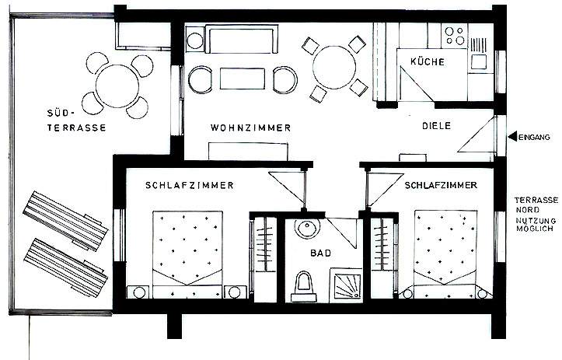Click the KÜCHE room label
[x=428, y=61]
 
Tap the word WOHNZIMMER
[x=250, y=128]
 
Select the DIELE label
[x=436, y=126]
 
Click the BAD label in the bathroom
[x=321, y=253]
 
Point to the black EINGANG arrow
[x=513, y=136]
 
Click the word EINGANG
[x=534, y=137]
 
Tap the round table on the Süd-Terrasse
[x=117, y=86]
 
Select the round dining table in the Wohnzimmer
[x=334, y=68]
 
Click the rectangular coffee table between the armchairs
[x=243, y=79]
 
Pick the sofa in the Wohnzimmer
[x=243, y=39]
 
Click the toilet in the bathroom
[x=304, y=287]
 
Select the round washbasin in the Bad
[x=307, y=228]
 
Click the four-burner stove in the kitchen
[x=455, y=36]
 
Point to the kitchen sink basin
[x=479, y=61]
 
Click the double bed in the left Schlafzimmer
[x=187, y=254]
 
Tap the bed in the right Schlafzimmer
[x=445, y=254]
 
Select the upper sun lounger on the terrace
[x=65, y=221]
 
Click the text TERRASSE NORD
[x=536, y=204]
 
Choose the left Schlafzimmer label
[x=189, y=185]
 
